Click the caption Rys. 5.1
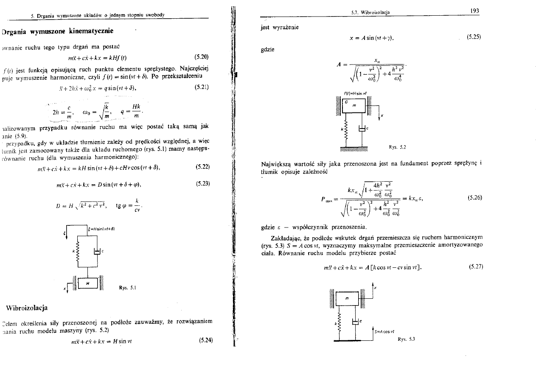click(127, 287)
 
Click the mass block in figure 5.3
click(348, 299)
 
